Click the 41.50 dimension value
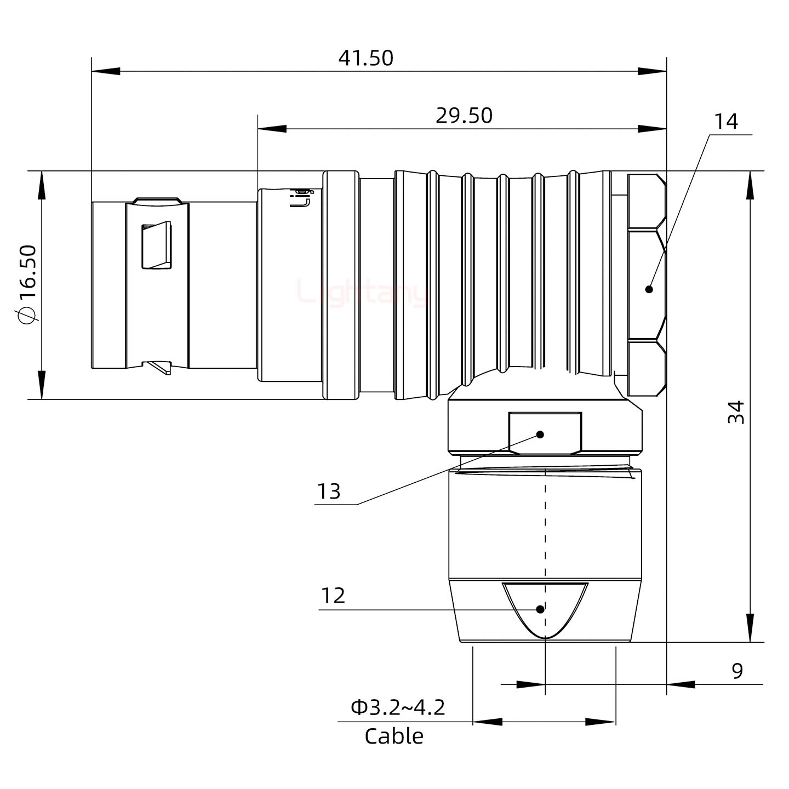click(365, 58)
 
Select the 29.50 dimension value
click(464, 116)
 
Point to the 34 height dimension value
click(737, 412)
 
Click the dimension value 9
click(737, 670)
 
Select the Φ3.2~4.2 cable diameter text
click(398, 707)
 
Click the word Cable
click(394, 736)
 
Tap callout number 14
click(726, 122)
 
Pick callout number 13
click(329, 491)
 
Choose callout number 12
click(333, 596)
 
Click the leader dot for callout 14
click(649, 289)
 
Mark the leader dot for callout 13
click(540, 434)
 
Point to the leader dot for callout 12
click(541, 609)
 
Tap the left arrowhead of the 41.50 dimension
click(105, 71)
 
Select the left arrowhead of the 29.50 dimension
click(271, 129)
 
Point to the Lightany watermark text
click(362, 293)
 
